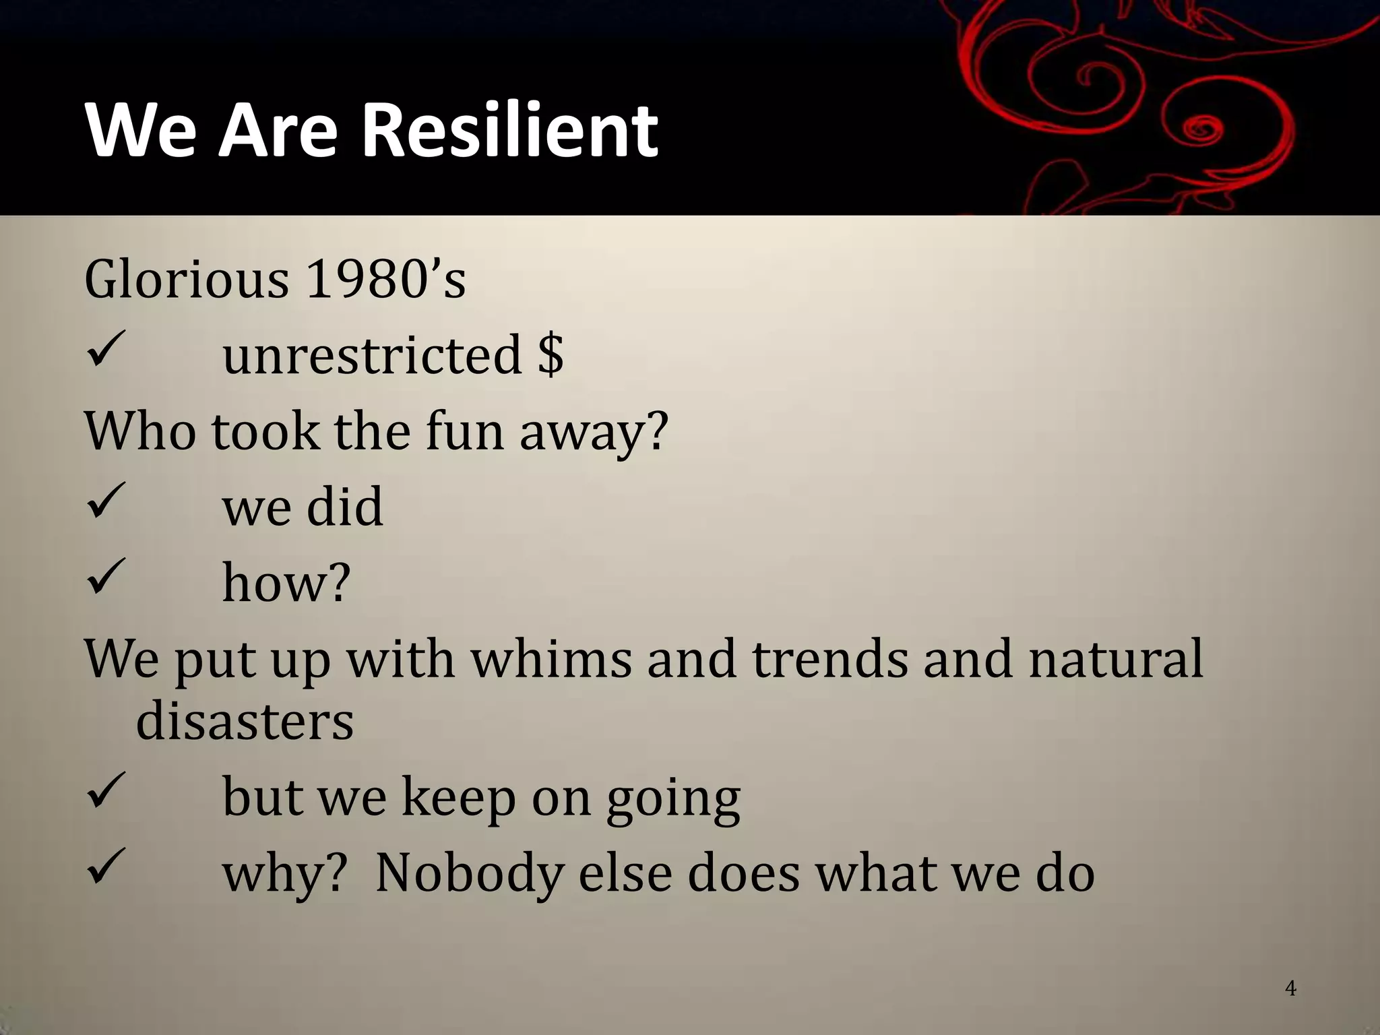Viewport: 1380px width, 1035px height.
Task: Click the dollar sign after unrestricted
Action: [x=551, y=354]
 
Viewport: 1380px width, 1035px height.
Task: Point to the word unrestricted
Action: [x=372, y=354]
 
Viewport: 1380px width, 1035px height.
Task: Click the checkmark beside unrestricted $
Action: [x=106, y=350]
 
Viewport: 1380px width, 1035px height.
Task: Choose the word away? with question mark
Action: [x=594, y=432]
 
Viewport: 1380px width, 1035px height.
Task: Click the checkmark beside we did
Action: [x=106, y=501]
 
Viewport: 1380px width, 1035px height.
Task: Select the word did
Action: [x=344, y=506]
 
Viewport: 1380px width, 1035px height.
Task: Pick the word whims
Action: [x=551, y=658]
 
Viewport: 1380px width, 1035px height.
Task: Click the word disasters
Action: [x=245, y=721]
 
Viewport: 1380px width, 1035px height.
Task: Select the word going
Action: [x=672, y=798]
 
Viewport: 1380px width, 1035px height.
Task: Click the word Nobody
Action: [x=468, y=873]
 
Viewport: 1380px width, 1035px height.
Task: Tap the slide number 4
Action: [x=1290, y=989]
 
